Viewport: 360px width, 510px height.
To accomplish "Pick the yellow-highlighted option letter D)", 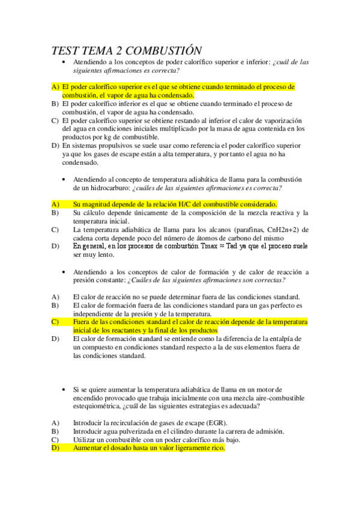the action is click(x=55, y=448).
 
